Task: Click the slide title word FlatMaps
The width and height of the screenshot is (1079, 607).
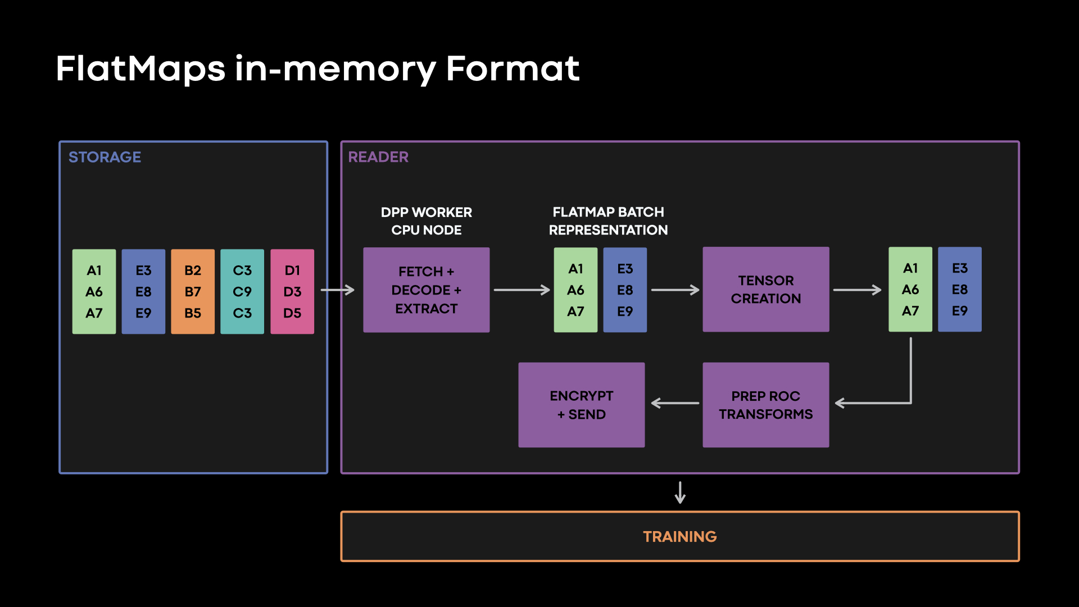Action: click(x=140, y=69)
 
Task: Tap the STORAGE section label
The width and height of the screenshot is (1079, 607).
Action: click(x=105, y=157)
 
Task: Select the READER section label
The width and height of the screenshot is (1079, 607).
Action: click(x=378, y=157)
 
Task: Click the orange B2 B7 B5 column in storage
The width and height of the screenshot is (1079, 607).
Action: click(x=193, y=292)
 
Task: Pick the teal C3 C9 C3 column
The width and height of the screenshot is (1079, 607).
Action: click(x=242, y=292)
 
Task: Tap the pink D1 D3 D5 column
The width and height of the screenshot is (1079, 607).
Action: click(x=292, y=292)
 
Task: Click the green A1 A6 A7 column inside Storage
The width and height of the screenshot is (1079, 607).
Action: click(x=94, y=292)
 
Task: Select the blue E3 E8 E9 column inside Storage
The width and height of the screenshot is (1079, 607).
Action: click(x=143, y=292)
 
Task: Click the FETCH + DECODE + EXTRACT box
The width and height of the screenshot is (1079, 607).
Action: click(x=426, y=290)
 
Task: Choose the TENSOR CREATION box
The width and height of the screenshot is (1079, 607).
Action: click(x=765, y=289)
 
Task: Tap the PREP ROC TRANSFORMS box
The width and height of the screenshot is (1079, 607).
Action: click(x=765, y=405)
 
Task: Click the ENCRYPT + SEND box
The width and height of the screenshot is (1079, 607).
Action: click(x=581, y=405)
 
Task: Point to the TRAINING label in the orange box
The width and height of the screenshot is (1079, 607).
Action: click(x=679, y=537)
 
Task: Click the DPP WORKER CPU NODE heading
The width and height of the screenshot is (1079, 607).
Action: click(x=426, y=221)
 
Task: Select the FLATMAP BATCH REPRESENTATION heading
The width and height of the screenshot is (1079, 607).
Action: click(x=608, y=221)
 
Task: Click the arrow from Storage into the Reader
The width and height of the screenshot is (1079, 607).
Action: click(x=337, y=290)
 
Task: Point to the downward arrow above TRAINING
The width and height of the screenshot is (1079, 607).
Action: click(x=680, y=492)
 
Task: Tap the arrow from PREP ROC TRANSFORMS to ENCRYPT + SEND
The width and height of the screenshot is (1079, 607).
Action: click(x=674, y=403)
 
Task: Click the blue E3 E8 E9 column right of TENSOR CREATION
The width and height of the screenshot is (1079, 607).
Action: click(x=959, y=289)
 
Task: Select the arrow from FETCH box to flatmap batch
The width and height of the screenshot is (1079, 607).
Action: click(x=522, y=290)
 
